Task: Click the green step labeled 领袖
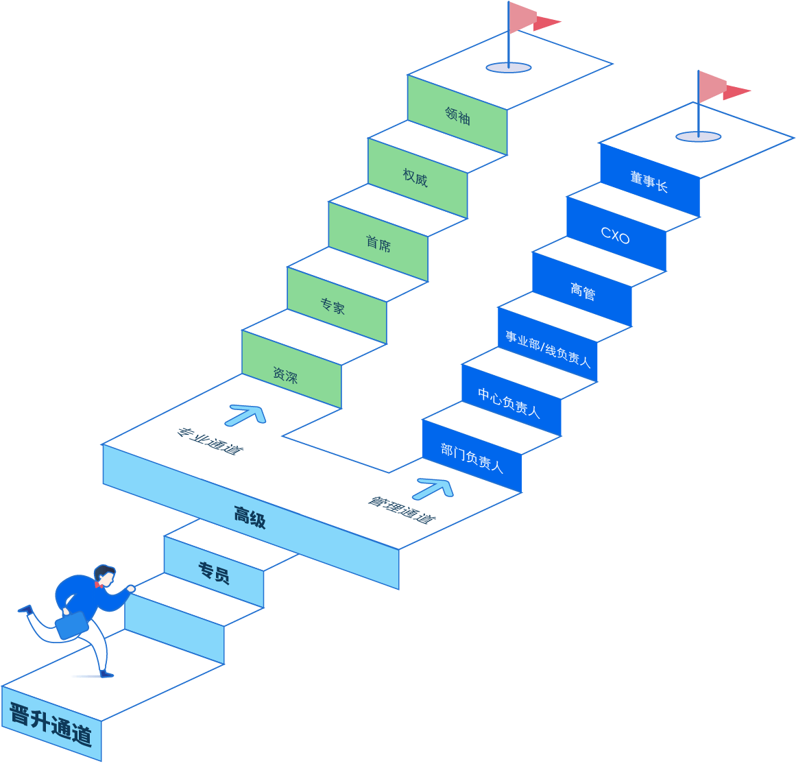coord(457,115)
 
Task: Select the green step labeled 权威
coord(415,178)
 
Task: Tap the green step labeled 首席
coord(378,243)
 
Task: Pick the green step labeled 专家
coord(333,305)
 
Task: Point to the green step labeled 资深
coord(286,374)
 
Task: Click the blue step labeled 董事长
coord(649,182)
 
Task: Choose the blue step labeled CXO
coord(615,236)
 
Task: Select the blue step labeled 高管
coord(583,291)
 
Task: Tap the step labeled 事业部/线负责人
coord(548,348)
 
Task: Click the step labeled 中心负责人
coord(509,402)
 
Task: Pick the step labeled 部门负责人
coord(472,457)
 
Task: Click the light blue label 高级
coord(250,516)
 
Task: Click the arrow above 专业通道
coord(246,414)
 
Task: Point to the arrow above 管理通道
coord(435,488)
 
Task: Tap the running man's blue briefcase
coord(71,625)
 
